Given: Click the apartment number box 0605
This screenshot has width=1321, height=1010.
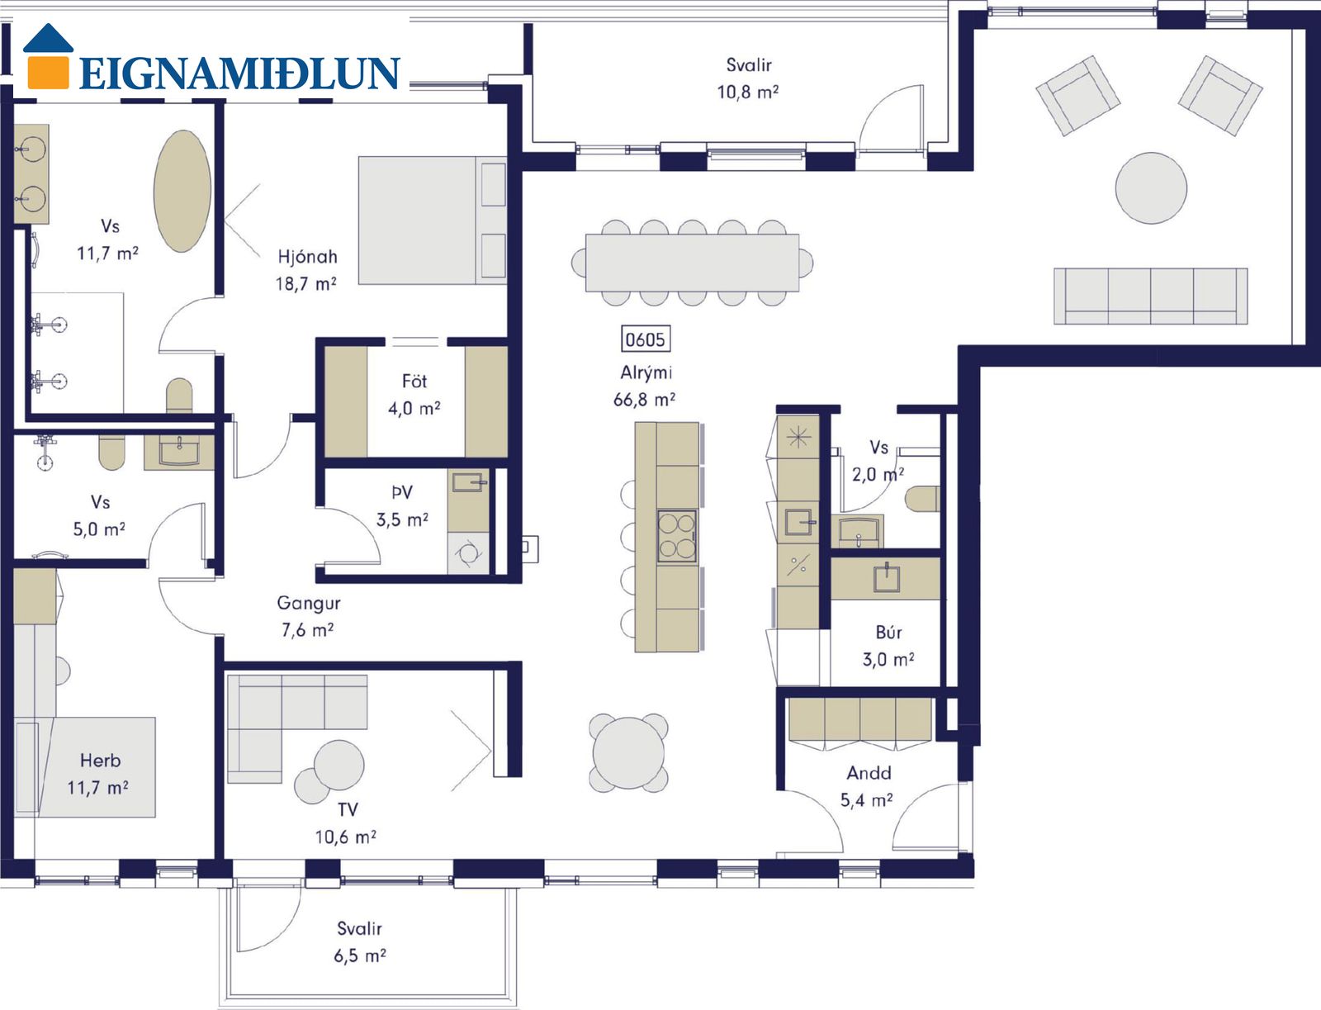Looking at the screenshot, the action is [x=645, y=339].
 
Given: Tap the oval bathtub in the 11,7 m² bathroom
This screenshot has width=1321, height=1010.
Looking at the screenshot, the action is [x=182, y=191].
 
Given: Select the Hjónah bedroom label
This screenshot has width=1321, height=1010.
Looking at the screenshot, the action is [x=307, y=257].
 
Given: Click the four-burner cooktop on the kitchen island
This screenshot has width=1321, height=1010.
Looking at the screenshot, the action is [x=676, y=536].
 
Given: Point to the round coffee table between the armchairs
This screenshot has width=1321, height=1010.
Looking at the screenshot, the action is [x=1151, y=187].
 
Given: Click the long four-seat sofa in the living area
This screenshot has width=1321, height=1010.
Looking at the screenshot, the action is [x=1150, y=296].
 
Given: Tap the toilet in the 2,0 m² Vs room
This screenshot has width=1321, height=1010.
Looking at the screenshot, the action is [x=922, y=499].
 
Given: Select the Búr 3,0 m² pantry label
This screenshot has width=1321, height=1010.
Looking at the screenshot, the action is [x=888, y=646].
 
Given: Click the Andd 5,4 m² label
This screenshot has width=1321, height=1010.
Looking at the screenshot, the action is [x=867, y=786].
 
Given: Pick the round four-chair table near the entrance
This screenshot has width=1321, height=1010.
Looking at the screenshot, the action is [x=628, y=752].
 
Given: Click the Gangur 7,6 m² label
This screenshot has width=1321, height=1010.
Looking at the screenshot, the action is [x=307, y=616].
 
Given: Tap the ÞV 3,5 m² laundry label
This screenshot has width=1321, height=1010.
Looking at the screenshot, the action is [x=402, y=505].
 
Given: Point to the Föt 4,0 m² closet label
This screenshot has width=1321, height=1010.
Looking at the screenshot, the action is [x=414, y=394].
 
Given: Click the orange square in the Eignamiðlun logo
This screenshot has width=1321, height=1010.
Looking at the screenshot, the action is [x=48, y=72].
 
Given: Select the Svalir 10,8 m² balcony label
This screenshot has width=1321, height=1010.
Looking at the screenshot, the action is [x=748, y=78].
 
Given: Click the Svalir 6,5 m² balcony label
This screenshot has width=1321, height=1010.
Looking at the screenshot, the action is [x=359, y=941].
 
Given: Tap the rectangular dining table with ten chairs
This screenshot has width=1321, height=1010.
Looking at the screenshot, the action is [x=692, y=263].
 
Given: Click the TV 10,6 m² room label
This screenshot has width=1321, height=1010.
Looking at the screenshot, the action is [x=346, y=823].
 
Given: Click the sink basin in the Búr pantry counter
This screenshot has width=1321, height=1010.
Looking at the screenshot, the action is [x=887, y=578].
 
